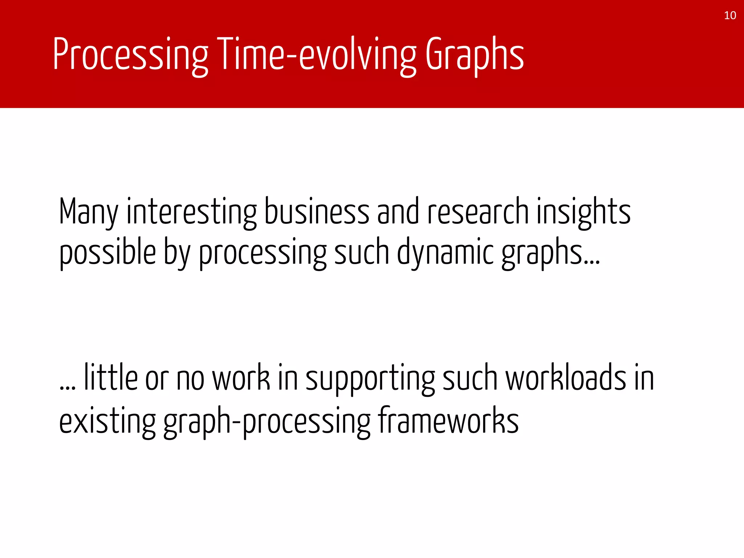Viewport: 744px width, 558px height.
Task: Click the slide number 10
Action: (x=730, y=16)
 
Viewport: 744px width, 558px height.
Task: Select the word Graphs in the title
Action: (x=474, y=54)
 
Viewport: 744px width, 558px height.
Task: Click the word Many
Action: (x=88, y=211)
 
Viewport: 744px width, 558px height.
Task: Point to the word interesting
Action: (x=191, y=211)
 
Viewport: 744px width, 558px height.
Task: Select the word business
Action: (x=316, y=211)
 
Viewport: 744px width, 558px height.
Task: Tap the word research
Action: (x=478, y=211)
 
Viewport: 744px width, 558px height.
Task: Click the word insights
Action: (x=583, y=211)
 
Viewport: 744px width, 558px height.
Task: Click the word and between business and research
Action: (x=398, y=211)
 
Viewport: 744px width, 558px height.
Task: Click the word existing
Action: (x=108, y=421)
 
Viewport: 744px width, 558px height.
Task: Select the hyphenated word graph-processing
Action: (x=267, y=421)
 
